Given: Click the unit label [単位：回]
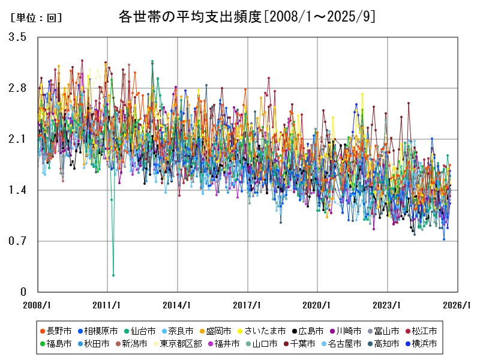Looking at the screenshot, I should click(x=36, y=18).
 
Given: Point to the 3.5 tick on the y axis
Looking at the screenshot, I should click(x=17, y=37).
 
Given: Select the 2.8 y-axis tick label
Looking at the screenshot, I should click(x=17, y=88).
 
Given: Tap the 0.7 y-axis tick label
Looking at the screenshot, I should click(x=17, y=241).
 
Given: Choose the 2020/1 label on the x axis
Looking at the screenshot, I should click(x=318, y=305).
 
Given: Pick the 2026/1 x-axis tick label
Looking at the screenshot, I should click(x=458, y=305).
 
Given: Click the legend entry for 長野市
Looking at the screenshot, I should click(x=55, y=331).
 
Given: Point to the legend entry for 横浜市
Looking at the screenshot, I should click(x=421, y=344).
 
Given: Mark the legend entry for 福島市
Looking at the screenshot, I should click(x=55, y=344).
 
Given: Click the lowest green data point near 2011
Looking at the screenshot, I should click(x=113, y=275).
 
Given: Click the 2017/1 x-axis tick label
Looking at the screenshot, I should click(x=248, y=305).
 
